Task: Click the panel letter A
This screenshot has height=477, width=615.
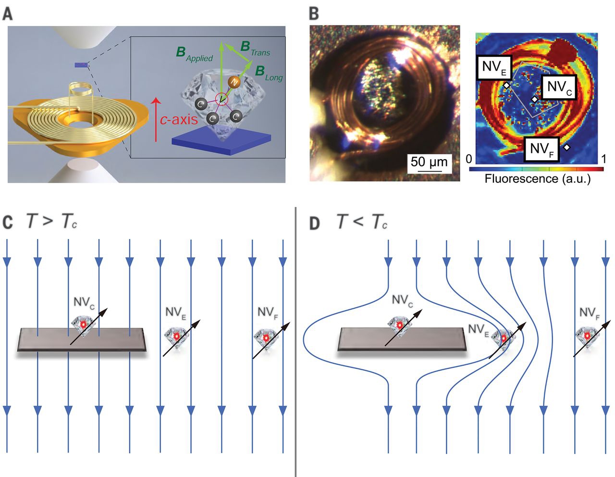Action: [7, 14]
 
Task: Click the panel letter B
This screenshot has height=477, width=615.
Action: [314, 14]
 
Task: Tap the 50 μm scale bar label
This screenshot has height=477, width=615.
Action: [429, 162]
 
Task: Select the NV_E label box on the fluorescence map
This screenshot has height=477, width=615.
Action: [494, 67]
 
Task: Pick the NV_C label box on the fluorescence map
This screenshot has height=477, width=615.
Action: [559, 87]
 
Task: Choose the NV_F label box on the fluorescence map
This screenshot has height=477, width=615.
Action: [541, 150]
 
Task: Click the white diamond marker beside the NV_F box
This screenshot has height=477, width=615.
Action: [566, 147]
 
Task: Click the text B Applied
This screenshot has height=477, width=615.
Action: [194, 54]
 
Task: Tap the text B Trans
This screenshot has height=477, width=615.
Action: [255, 49]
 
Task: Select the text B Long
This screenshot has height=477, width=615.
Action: [269, 73]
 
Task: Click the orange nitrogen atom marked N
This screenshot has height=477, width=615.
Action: [234, 82]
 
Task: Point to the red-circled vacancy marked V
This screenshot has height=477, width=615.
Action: [221, 99]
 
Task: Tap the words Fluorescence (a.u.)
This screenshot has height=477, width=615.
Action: [538, 179]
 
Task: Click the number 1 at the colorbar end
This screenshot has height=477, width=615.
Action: [603, 159]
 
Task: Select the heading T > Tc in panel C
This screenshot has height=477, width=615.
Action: [52, 222]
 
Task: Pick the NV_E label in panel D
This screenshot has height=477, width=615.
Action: [478, 330]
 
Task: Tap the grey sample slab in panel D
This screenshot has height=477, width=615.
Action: [402, 339]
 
